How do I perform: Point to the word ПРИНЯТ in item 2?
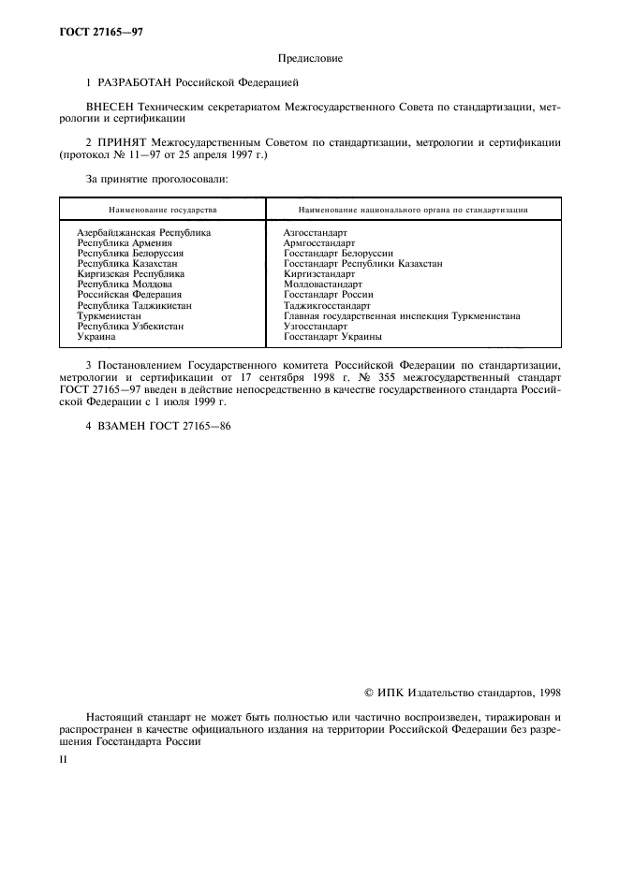(x=124, y=142)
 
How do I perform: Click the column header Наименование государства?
(x=162, y=210)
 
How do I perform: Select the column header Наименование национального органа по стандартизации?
(x=412, y=210)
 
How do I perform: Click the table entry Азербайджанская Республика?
(x=143, y=231)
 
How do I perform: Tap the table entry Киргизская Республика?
(x=130, y=273)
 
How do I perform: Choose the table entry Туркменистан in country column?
(x=111, y=315)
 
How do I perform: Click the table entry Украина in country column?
(x=96, y=336)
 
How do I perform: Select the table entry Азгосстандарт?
(x=315, y=231)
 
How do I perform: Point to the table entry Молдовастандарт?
(x=322, y=284)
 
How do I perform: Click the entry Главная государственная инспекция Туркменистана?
(x=402, y=315)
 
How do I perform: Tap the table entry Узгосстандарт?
(x=315, y=326)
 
